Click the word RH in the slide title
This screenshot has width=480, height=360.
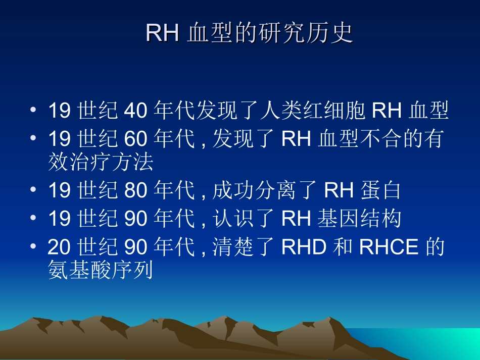click(162, 33)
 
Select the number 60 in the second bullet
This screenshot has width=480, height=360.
click(135, 138)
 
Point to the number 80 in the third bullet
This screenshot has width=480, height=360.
click(135, 191)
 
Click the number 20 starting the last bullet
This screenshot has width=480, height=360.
click(59, 247)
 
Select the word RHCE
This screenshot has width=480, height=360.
click(389, 247)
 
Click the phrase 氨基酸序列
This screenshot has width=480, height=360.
click(100, 271)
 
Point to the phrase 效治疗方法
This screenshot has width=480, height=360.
click(100, 163)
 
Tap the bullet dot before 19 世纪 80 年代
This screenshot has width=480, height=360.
click(33, 191)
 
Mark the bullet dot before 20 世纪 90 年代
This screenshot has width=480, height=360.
click(33, 247)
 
